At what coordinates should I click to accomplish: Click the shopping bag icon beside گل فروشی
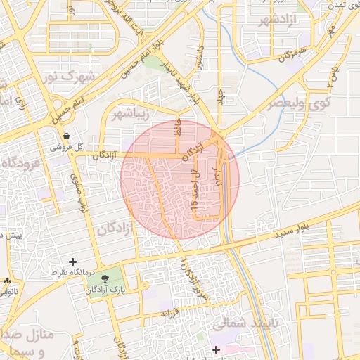[66, 136]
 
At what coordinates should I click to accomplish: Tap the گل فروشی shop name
[66, 148]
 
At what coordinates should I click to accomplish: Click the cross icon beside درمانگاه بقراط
[72, 262]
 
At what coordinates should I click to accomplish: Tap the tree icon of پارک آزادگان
[105, 279]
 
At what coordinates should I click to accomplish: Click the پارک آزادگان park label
[105, 290]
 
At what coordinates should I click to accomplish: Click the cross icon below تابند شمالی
[216, 349]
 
